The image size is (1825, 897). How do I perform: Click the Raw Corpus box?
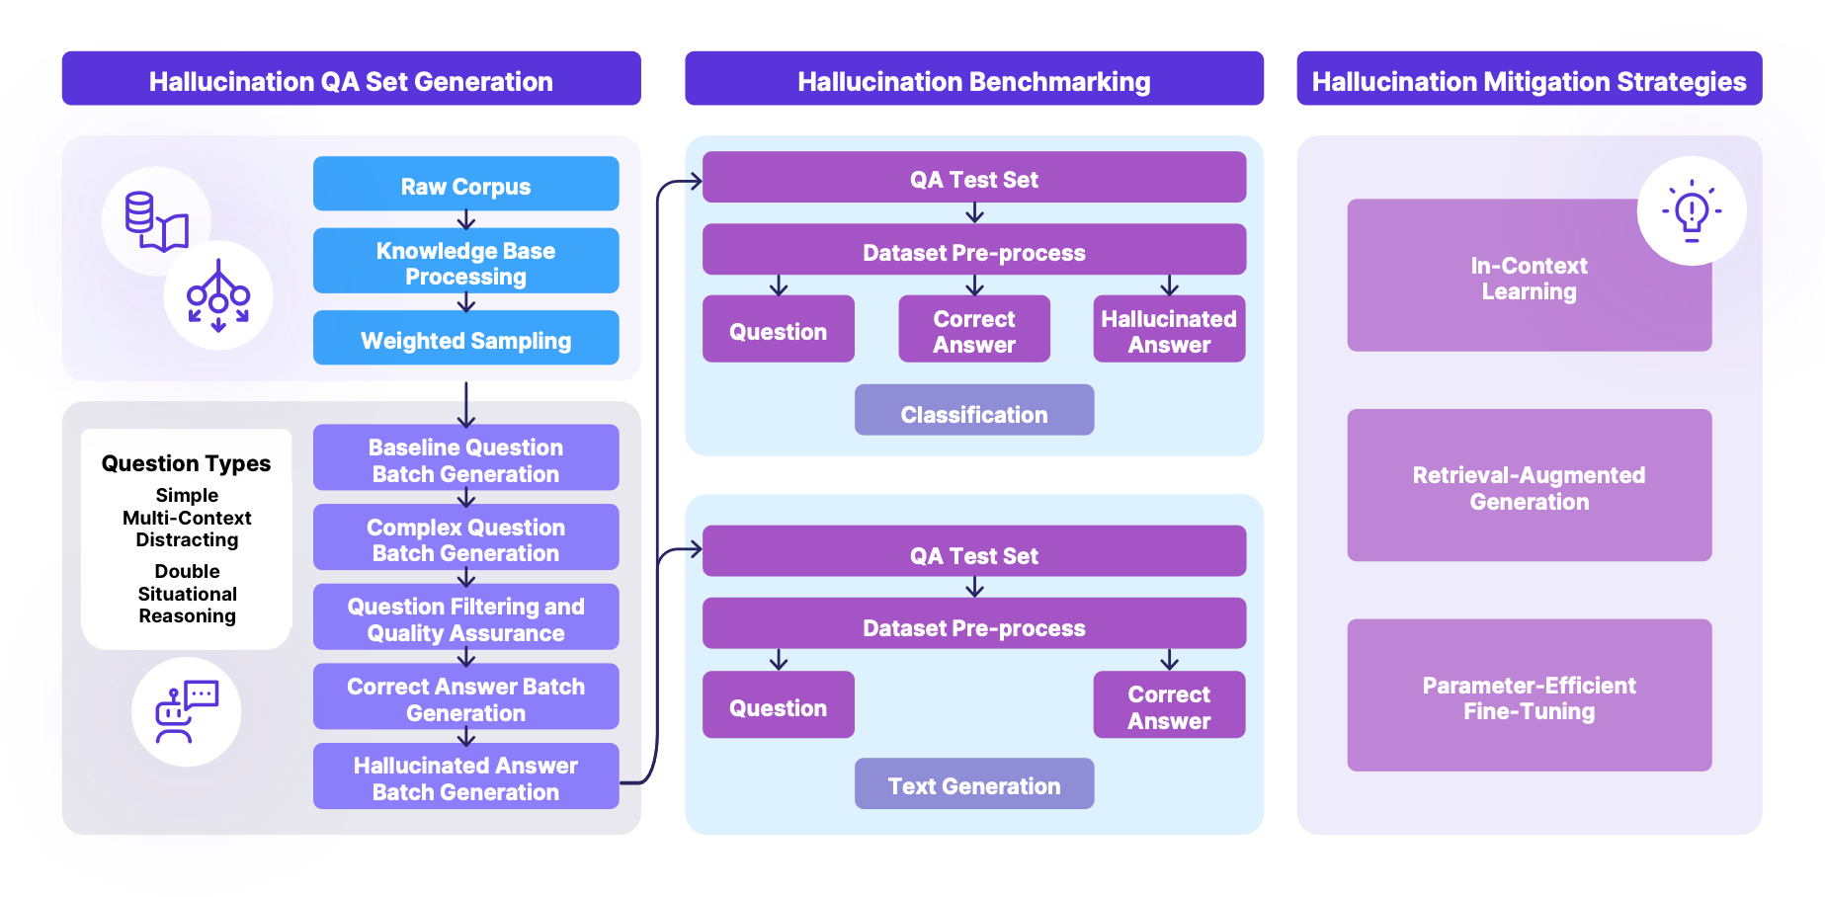465,184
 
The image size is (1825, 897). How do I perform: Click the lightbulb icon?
1691,210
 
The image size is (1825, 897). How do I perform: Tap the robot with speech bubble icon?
186,711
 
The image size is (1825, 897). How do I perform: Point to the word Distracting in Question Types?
187,539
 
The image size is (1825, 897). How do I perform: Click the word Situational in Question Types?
187,594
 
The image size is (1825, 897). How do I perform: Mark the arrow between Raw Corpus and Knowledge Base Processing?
466,219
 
